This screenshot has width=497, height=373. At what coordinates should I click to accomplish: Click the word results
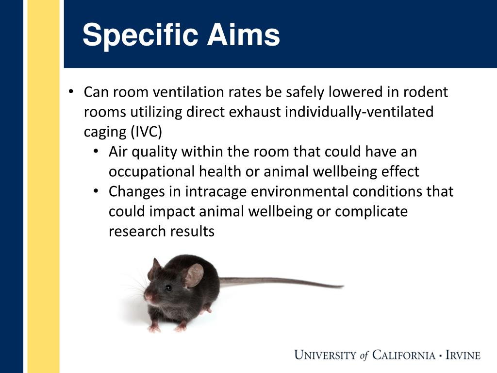click(x=192, y=231)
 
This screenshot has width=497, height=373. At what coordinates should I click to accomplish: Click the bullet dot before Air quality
click(x=97, y=152)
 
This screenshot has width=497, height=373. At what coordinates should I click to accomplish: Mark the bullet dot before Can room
click(x=71, y=92)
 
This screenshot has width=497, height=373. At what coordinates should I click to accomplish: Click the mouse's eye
click(x=168, y=288)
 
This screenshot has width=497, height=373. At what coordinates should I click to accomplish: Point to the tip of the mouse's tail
click(x=343, y=287)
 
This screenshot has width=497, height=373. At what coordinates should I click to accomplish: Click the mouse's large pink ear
click(x=194, y=275)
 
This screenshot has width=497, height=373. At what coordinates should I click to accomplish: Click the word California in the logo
click(x=404, y=355)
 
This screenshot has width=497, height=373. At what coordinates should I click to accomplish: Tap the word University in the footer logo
click(x=325, y=355)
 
